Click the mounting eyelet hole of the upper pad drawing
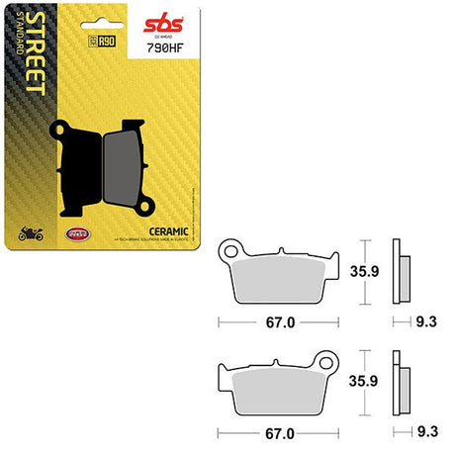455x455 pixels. (x=232, y=245)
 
